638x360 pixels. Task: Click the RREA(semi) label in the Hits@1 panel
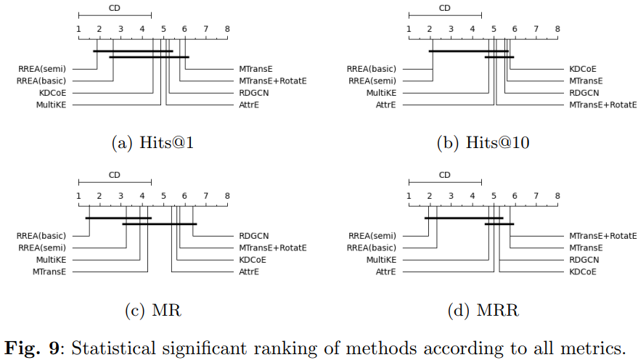42,69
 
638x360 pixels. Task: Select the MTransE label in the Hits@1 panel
255,69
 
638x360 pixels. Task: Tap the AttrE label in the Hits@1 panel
249,105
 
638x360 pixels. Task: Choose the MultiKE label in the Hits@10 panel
381,93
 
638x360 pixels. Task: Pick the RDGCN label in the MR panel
254,236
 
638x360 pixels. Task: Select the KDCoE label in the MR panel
253,260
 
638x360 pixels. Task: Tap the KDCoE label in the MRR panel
583,271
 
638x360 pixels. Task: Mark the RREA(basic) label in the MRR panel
372,247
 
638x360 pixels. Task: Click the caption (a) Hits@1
152,144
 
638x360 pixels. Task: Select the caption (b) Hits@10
483,144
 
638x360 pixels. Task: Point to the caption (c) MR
152,311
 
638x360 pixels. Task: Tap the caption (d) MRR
483,311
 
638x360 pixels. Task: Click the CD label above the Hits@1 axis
115,8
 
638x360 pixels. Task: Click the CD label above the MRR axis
444,175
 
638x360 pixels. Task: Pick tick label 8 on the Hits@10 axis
557,29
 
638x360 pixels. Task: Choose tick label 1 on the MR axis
78,196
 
